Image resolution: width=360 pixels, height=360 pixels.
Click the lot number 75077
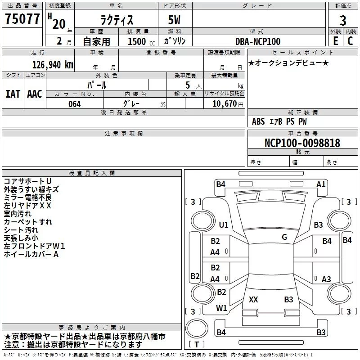(22, 18)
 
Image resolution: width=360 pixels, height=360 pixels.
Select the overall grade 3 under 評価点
(343, 20)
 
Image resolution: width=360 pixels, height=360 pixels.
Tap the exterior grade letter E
(335, 41)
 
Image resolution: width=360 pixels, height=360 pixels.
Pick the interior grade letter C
(350, 41)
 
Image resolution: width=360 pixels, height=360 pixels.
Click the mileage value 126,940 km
(53, 65)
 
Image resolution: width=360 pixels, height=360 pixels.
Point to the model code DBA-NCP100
(258, 41)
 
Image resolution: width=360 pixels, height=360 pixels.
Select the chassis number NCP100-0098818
(302, 143)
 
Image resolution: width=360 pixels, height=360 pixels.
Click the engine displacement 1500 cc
(141, 41)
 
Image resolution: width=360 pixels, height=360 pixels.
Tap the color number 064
(74, 104)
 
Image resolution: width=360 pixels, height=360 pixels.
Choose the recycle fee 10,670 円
(228, 104)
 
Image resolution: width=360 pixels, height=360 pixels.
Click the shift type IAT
(13, 94)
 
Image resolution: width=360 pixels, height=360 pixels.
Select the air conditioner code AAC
(35, 94)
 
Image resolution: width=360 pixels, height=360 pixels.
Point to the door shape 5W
(174, 20)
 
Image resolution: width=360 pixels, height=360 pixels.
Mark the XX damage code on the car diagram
(253, 300)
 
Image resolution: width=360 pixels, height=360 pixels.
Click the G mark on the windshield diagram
(284, 237)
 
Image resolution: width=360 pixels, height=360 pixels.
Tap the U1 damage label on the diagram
(224, 225)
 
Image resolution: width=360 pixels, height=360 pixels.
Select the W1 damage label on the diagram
(221, 308)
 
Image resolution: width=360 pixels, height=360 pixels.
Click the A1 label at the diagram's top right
(321, 184)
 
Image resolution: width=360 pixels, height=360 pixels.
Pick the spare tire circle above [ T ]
(197, 328)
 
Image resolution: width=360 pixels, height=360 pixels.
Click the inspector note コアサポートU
(27, 181)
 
